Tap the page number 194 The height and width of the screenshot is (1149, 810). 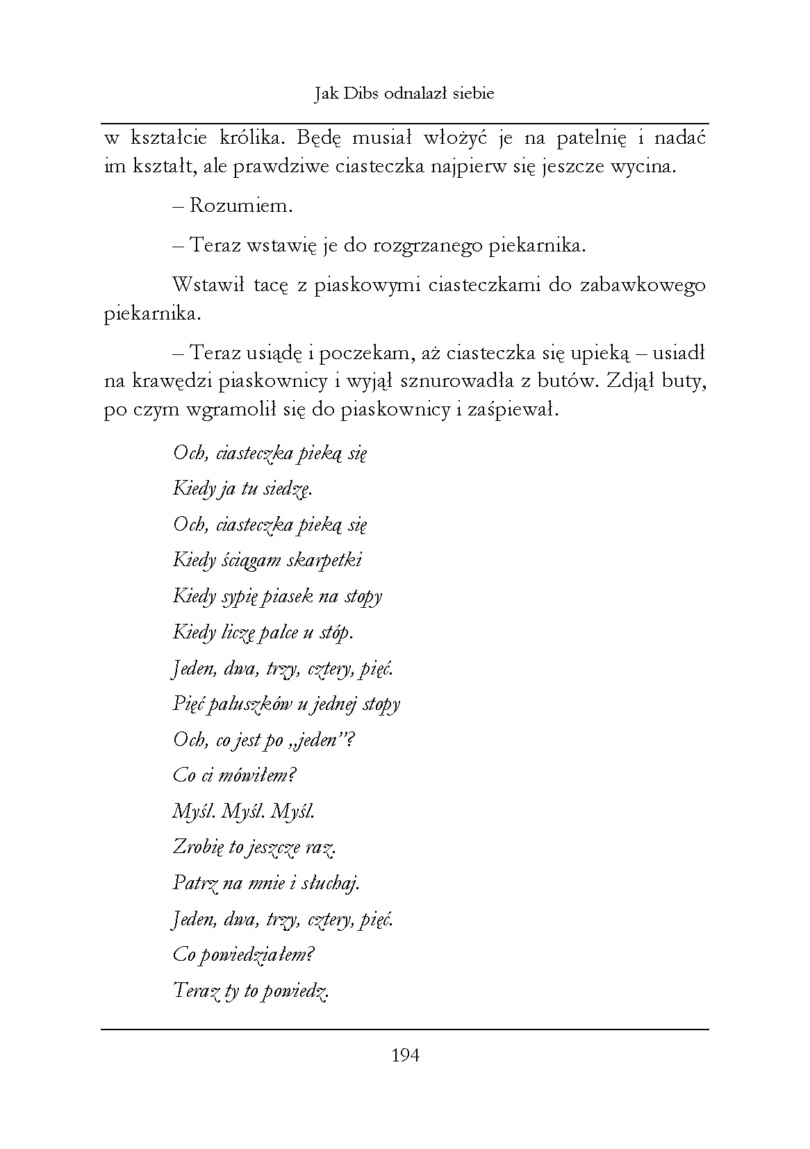(x=405, y=1056)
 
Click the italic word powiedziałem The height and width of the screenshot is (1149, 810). (x=256, y=954)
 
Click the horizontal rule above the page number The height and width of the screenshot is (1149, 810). (x=405, y=1029)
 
